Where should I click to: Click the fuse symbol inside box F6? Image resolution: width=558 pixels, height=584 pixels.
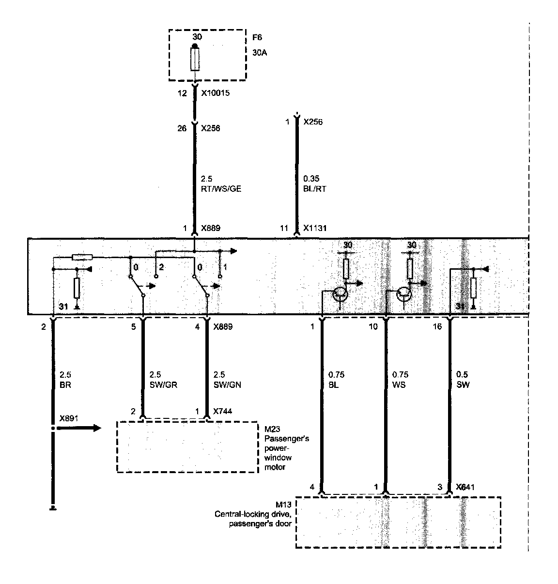195,60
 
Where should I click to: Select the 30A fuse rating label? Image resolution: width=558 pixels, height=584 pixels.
259,52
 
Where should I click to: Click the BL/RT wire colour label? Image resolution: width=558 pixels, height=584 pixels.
314,189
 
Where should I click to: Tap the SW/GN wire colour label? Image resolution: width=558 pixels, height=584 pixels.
227,384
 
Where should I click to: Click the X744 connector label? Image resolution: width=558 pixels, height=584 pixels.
223,411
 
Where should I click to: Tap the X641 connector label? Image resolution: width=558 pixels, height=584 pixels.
465,487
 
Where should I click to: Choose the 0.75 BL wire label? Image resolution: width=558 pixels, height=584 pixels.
336,380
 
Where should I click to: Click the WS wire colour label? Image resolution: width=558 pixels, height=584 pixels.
399,384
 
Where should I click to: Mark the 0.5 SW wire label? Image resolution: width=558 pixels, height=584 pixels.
464,380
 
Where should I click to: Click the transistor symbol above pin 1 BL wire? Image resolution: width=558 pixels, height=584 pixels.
341,294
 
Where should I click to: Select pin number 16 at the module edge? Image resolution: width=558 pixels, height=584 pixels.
437,327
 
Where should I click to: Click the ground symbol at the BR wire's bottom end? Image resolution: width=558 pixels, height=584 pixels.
53,508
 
